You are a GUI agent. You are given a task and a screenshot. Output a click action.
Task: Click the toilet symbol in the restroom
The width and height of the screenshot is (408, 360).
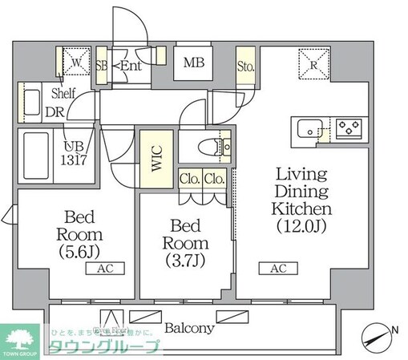210,147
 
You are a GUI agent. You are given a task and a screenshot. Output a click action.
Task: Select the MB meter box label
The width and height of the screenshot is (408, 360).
193,63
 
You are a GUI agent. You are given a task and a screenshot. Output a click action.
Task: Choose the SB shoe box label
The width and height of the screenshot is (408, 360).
102,66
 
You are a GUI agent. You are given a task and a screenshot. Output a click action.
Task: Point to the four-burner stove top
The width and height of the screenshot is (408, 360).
349,127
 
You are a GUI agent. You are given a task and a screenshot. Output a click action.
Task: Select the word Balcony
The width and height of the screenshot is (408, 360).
189,328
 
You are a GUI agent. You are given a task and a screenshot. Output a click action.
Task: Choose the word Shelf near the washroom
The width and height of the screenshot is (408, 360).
64,93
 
